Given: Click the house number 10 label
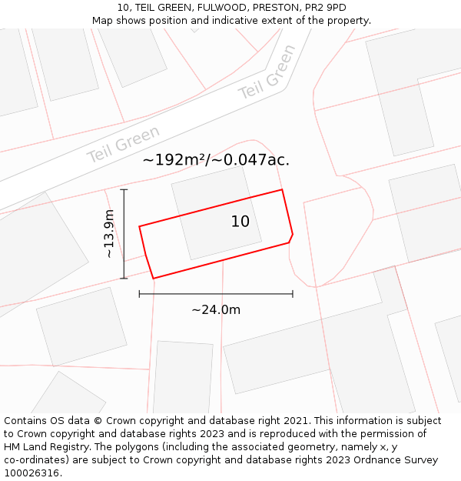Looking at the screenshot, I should pyautogui.click(x=240, y=222).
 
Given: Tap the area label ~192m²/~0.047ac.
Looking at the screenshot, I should pyautogui.click(x=216, y=160).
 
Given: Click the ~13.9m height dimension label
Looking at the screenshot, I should pyautogui.click(x=109, y=233).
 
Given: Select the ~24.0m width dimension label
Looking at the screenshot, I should pyautogui.click(x=216, y=309).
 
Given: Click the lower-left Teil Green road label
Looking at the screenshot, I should pyautogui.click(x=123, y=144).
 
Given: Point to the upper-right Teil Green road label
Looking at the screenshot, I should pyautogui.click(x=267, y=72).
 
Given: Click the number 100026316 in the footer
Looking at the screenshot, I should pyautogui.click(x=32, y=473).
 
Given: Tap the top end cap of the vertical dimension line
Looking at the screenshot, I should pyautogui.click(x=124, y=189).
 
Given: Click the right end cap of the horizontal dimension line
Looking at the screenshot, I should pyautogui.click(x=293, y=293).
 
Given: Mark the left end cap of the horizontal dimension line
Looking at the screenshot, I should pyautogui.click(x=139, y=293).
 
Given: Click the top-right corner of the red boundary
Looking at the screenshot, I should pyautogui.click(x=282, y=189).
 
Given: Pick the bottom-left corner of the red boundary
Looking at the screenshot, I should pyautogui.click(x=153, y=278).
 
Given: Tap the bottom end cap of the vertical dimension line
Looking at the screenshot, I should pyautogui.click(x=124, y=278).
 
